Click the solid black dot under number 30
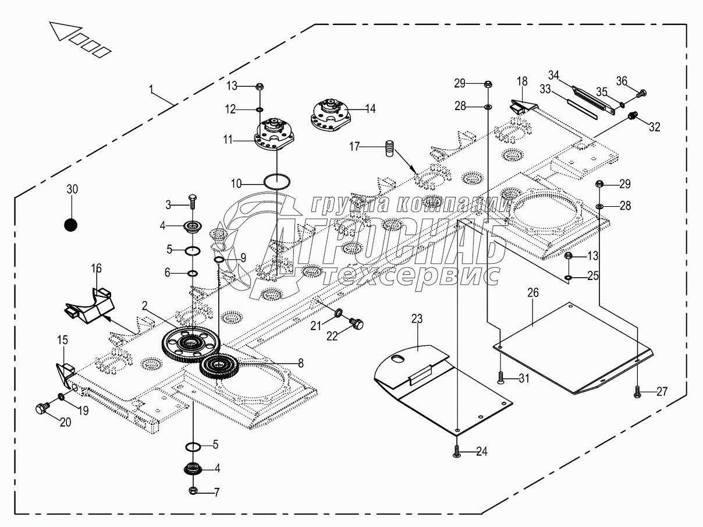tap(71, 224)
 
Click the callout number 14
tap(370, 108)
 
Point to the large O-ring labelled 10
tap(278, 181)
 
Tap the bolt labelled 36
tap(642, 92)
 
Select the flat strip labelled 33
tap(582, 109)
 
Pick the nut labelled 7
tap(193, 491)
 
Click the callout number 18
tap(521, 80)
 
